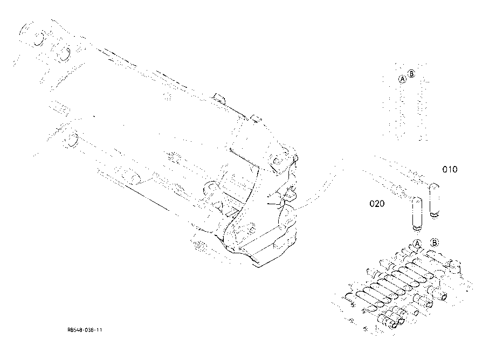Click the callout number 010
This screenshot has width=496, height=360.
(450, 169)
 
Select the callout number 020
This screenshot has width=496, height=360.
(377, 204)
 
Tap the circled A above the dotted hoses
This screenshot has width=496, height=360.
(402, 79)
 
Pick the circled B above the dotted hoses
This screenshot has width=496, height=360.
(411, 74)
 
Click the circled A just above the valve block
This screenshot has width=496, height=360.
(417, 244)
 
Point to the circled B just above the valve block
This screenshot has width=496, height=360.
(435, 243)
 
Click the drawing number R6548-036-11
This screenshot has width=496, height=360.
(85, 330)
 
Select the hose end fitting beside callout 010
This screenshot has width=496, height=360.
(434, 200)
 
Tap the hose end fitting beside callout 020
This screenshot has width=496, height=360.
(417, 213)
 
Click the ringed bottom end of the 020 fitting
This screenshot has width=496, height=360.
(417, 227)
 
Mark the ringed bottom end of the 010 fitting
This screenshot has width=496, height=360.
(435, 214)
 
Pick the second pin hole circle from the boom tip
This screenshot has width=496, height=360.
(64, 53)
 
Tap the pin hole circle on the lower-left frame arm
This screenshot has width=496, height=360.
(73, 140)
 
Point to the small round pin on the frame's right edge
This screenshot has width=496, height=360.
(295, 157)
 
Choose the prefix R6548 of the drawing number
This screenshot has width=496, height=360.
(74, 330)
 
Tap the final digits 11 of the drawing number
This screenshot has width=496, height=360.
(99, 330)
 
